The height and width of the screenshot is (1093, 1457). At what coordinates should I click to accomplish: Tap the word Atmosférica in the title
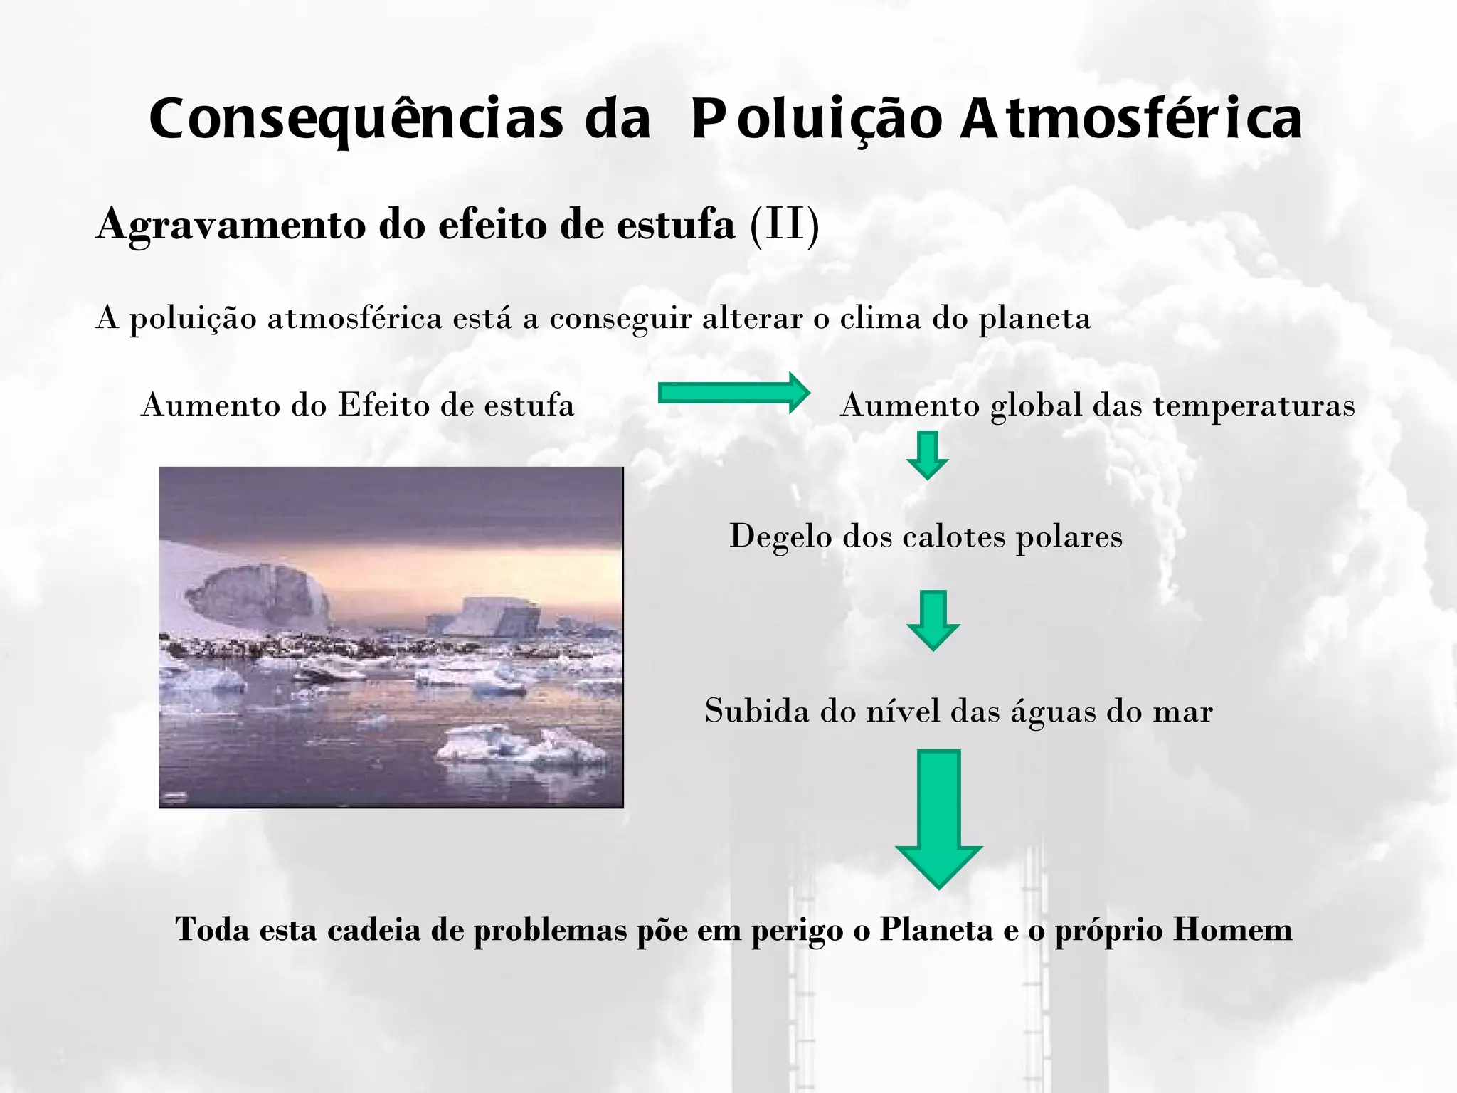click(1131, 120)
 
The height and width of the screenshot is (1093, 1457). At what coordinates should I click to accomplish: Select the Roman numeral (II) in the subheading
click(785, 225)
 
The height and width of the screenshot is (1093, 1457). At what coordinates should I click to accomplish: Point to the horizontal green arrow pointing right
click(733, 392)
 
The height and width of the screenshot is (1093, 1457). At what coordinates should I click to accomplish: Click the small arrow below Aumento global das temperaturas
click(927, 455)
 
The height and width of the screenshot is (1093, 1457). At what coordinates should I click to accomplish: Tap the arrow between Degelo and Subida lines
click(933, 619)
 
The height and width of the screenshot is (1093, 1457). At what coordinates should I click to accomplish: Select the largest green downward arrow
click(938, 818)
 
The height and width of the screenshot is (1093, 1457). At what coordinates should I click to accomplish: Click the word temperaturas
click(1254, 406)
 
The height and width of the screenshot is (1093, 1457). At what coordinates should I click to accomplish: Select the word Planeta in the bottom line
click(936, 929)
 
